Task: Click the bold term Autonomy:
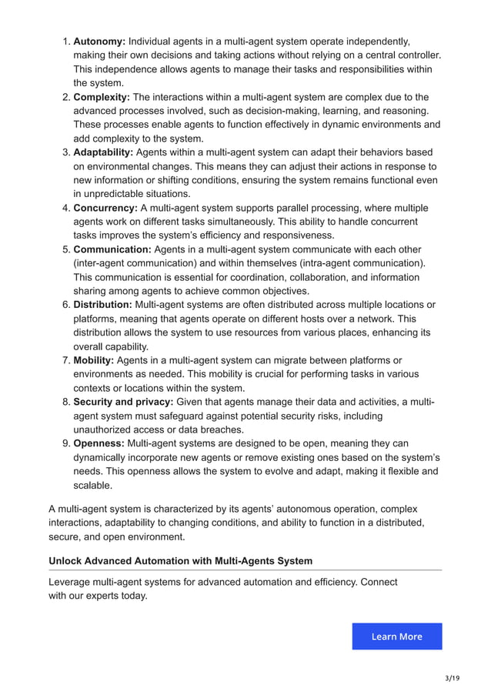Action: coord(99,41)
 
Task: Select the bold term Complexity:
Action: coord(102,97)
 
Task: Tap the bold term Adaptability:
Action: coord(103,152)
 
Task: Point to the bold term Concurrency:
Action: coord(105,208)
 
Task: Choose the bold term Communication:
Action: coord(112,249)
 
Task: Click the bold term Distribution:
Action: coord(102,305)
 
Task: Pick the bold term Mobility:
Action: coord(94,360)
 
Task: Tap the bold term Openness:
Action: coord(99,443)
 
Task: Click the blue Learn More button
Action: coord(397,637)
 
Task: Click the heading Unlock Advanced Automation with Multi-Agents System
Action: coord(181,560)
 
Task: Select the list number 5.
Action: coord(66,249)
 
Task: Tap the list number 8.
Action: coord(66,402)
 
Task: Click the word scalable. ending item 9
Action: coord(93,485)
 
